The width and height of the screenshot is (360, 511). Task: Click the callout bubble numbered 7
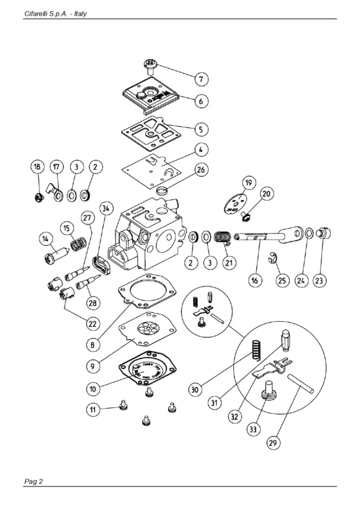201,79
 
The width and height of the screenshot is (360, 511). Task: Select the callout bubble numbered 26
200,170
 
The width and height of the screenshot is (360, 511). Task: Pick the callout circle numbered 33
253,429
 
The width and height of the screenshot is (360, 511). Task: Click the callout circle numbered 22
92,323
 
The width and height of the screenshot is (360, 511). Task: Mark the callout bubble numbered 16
255,281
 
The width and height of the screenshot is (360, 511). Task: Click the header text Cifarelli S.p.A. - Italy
55,13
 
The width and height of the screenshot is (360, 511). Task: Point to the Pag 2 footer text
34,481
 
